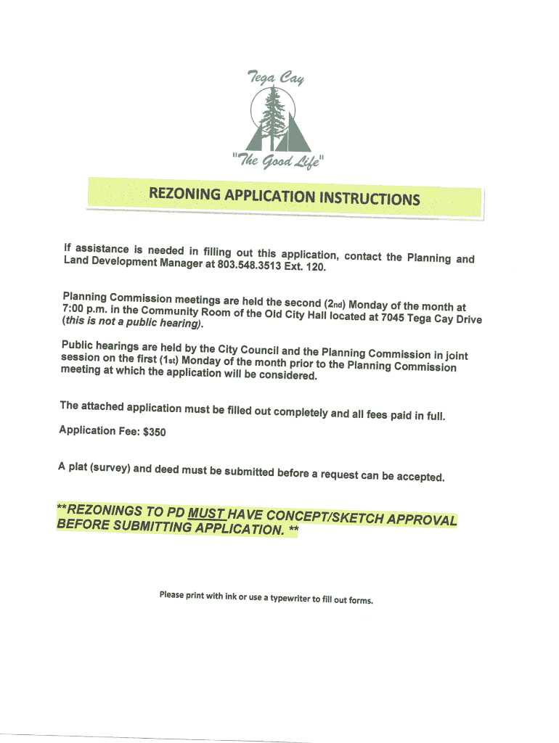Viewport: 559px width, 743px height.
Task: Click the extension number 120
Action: (x=317, y=268)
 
